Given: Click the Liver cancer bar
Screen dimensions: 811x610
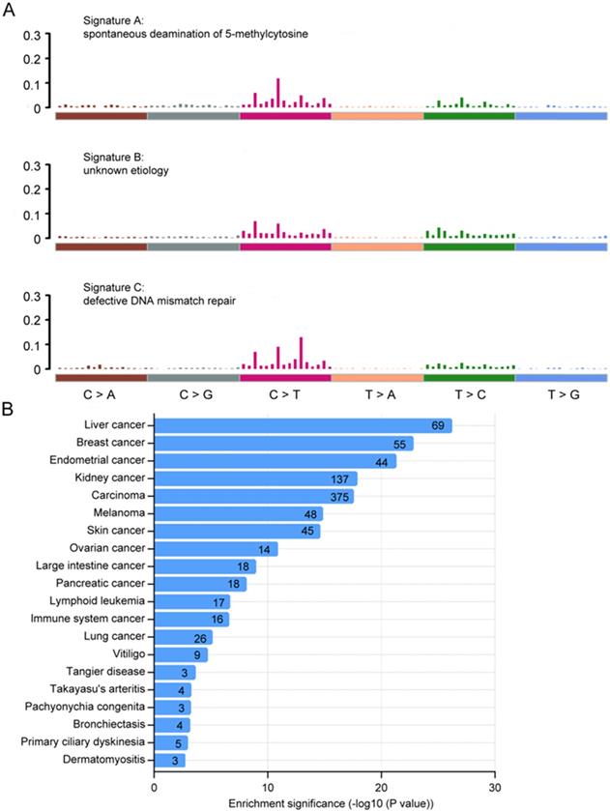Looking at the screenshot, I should tap(303, 426).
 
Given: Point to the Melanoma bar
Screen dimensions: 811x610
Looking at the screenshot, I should tap(238, 513).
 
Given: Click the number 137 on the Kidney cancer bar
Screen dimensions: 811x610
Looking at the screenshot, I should tap(343, 478).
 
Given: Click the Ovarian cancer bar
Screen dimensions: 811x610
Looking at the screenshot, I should tap(216, 549).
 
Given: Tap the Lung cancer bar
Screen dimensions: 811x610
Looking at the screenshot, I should tap(183, 636).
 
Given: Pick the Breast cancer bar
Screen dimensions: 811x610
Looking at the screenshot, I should tap(283, 444).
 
